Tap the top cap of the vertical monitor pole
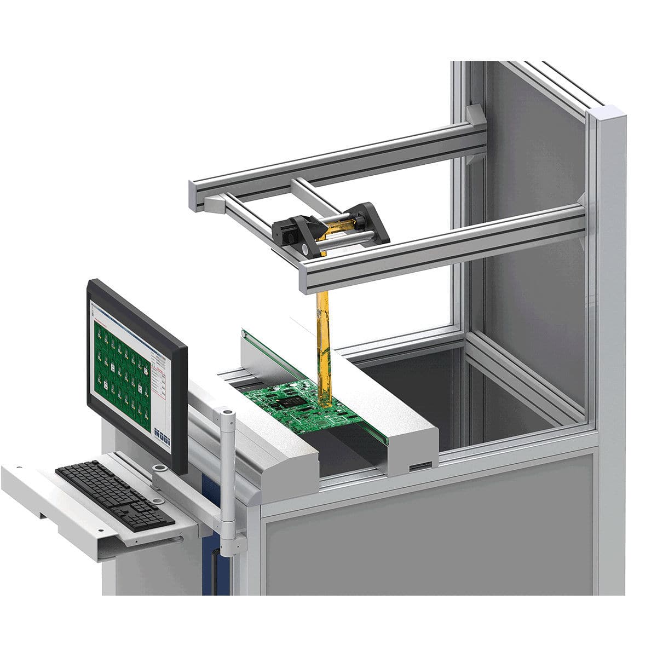tap(225, 412)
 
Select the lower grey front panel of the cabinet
tap(427, 553)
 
